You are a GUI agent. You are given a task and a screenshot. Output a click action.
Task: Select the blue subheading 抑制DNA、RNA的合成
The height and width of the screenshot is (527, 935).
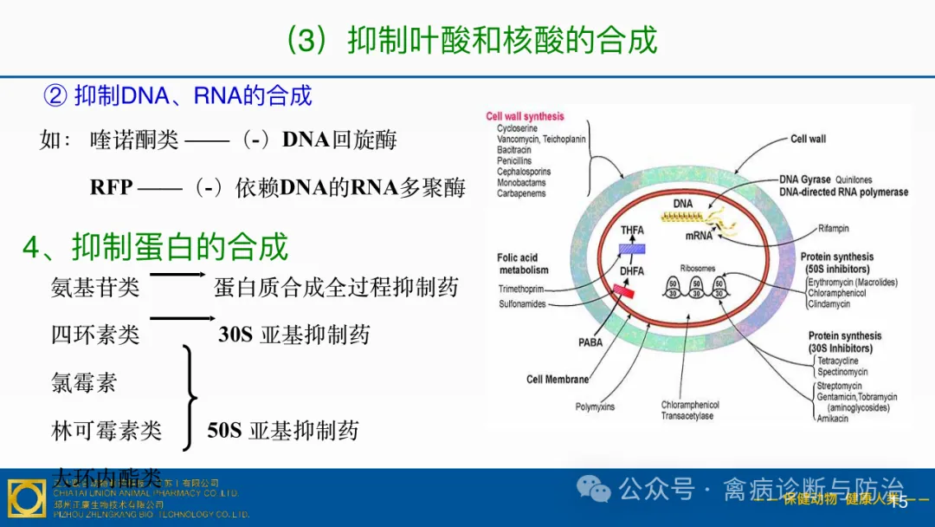(192, 95)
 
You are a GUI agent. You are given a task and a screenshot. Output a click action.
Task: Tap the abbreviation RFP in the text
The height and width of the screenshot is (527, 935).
(112, 187)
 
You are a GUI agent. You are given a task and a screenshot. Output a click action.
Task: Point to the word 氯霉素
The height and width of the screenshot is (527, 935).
(84, 382)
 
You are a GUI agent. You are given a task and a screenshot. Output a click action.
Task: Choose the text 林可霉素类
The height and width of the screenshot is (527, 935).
(106, 430)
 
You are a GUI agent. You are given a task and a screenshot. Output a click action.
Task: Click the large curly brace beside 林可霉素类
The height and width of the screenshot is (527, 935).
(190, 398)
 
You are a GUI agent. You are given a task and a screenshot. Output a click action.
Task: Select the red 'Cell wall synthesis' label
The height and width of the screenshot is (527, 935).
(525, 116)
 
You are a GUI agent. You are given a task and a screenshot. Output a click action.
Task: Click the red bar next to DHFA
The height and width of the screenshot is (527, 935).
(623, 292)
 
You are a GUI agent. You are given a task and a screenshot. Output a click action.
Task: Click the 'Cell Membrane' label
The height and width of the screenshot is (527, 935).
(558, 380)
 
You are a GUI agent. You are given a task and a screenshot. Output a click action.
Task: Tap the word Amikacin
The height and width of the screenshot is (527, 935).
(833, 419)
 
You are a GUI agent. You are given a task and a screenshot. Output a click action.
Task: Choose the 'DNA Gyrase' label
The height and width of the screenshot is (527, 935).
(803, 180)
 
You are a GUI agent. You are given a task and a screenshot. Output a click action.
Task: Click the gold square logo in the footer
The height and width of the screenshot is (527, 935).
(26, 498)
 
